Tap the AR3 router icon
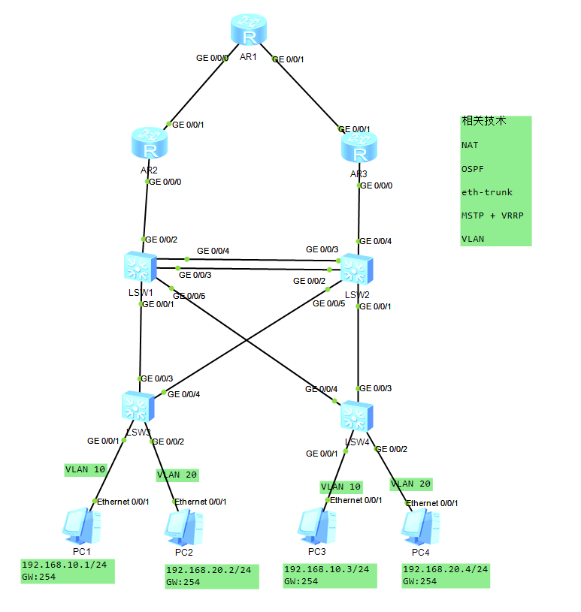360,149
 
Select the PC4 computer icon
419,527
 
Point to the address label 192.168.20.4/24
445,569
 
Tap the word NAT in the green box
470,145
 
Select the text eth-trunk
486,192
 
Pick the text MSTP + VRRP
492,216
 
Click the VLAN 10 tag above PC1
85,470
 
